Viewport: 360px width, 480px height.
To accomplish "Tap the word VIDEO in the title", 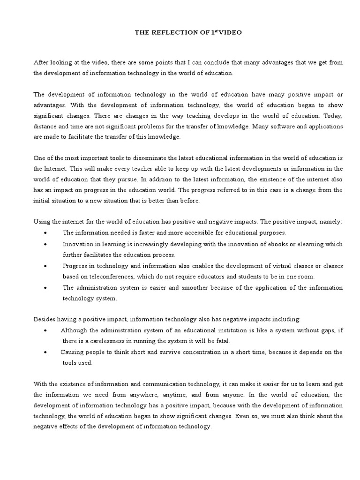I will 219,32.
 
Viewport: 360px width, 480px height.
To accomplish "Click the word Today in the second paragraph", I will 333,115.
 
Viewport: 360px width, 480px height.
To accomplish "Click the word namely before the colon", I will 331,221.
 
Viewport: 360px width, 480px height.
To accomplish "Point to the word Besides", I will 45,319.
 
